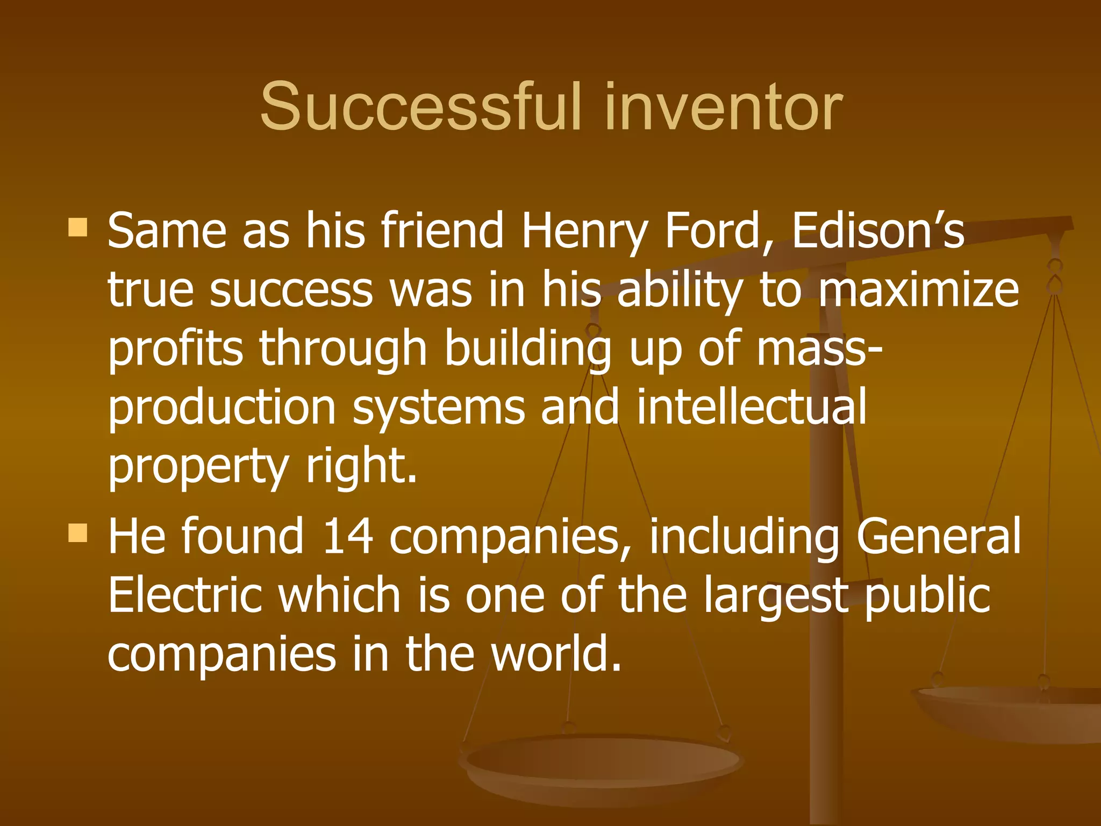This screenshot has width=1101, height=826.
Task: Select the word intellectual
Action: (x=751, y=407)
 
